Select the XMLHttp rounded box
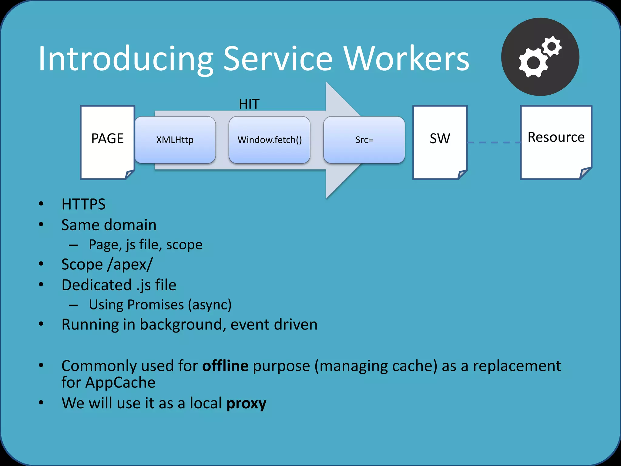[175, 140]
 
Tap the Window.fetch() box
[269, 140]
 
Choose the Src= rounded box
[364, 140]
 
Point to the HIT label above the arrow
[249, 104]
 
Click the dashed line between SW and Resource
[494, 142]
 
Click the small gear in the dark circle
[552, 46]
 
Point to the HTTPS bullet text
[83, 204]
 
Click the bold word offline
[225, 366]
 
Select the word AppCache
[120, 382]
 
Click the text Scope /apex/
[107, 264]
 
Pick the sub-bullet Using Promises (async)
[160, 305]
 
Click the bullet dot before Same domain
[41, 225]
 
